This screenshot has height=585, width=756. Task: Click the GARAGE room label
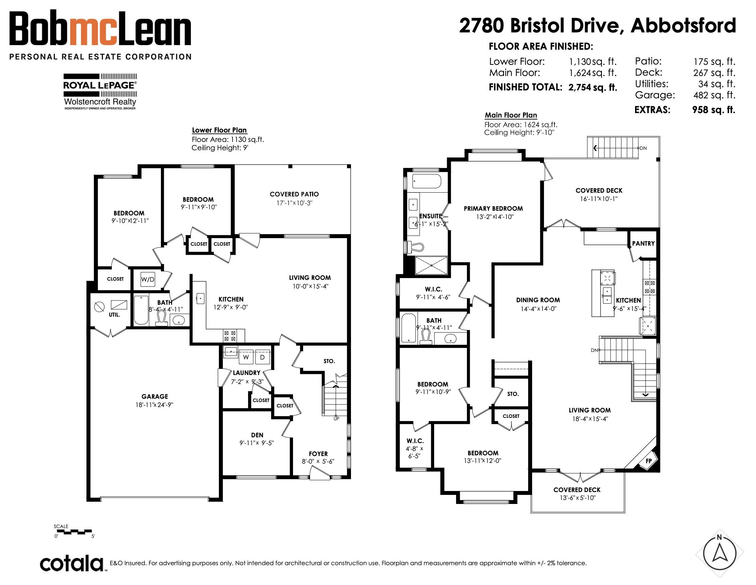tap(155, 396)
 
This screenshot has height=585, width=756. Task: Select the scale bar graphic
tap(73, 531)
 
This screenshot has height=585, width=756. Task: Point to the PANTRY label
tap(643, 244)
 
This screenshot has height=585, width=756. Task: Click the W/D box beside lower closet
tap(148, 279)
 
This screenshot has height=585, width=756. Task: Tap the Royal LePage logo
tap(100, 91)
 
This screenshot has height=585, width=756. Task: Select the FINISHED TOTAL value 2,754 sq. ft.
tap(593, 87)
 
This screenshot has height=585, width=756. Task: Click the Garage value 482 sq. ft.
tap(714, 95)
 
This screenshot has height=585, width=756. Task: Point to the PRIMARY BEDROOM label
tap(493, 209)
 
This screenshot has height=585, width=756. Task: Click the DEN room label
tap(257, 435)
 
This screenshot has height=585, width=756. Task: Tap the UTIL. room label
tap(114, 315)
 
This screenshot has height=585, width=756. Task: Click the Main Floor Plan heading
tap(511, 115)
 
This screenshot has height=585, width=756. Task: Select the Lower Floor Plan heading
tap(219, 130)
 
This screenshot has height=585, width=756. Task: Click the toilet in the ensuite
tap(415, 247)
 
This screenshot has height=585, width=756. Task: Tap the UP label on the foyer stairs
tap(336, 419)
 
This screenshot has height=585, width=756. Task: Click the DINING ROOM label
tap(538, 300)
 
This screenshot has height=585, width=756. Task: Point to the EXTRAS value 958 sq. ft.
tap(714, 110)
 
